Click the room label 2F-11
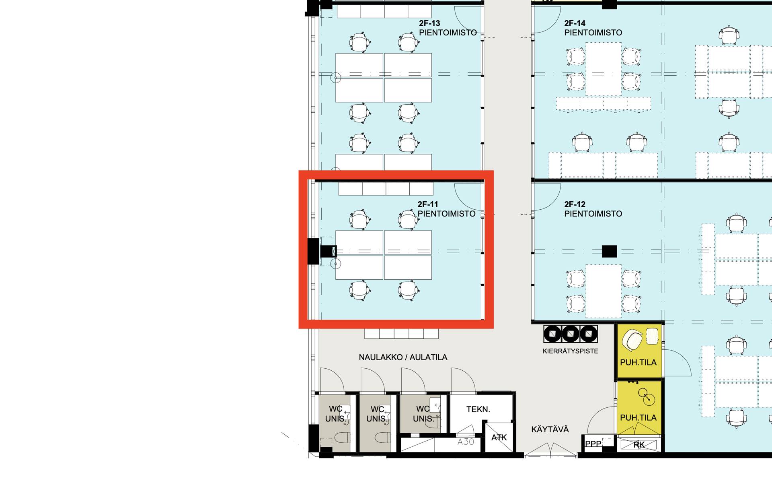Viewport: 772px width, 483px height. pos(427,204)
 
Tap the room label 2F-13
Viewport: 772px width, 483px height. pos(429,23)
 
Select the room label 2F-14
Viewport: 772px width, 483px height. pos(575,23)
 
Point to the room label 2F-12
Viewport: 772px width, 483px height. pos(575,204)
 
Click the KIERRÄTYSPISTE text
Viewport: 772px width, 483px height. pos(570,351)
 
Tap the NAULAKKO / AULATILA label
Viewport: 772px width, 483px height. pos(403,357)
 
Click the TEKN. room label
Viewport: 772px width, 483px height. pos(478,409)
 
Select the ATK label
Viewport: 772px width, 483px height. pos(499,438)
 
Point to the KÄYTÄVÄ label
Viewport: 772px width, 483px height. pos(550,429)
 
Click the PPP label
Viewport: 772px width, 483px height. pos(593,444)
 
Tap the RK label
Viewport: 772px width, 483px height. pos(639,445)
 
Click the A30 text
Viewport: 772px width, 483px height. pos(466,442)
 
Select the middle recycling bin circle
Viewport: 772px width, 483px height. pos(570,334)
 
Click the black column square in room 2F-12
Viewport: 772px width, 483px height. pos(609,251)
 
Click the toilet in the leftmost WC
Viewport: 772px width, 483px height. pos(342,437)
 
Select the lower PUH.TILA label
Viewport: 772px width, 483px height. pos(638,417)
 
